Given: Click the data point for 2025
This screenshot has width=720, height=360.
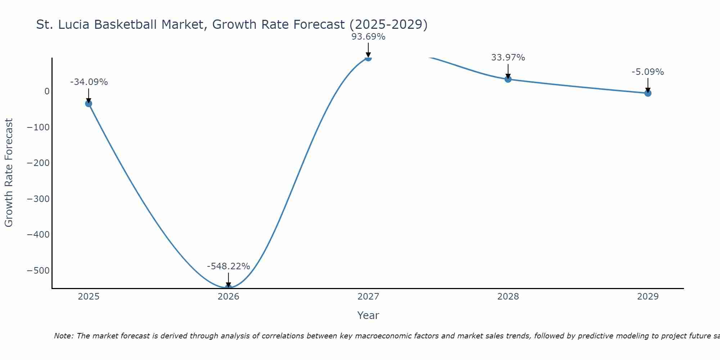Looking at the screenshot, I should point(89,104).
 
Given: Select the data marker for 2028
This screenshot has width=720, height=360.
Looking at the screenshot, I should point(508,79).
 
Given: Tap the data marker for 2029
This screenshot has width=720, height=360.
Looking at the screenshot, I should point(648,93).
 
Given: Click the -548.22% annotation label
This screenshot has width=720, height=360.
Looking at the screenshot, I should point(228,266).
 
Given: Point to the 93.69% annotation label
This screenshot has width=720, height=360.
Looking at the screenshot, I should point(368,37).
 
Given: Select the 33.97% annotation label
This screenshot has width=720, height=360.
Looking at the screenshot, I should point(508,58).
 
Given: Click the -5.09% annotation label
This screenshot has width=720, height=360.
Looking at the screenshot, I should point(648,72).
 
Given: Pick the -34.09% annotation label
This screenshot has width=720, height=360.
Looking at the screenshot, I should point(89,82).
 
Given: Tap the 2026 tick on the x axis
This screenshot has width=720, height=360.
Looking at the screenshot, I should point(228,297).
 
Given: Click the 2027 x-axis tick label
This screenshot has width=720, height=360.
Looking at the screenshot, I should point(368,297).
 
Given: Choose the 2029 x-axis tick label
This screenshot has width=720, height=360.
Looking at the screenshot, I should point(648,297).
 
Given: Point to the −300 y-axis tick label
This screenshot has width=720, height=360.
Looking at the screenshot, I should point(38,199).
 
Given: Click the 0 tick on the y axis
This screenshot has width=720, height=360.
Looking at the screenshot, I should point(47,91).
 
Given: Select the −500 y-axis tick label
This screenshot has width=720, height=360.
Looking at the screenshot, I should point(38,271).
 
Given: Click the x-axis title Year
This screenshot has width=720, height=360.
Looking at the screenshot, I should point(368,316).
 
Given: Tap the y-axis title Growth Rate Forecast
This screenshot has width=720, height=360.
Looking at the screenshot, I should point(9,173).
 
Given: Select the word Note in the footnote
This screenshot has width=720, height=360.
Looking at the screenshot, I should point(64,336).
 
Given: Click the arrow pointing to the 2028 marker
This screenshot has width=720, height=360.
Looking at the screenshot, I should point(508,71).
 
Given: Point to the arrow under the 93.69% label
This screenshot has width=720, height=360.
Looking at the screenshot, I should point(368,49).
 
